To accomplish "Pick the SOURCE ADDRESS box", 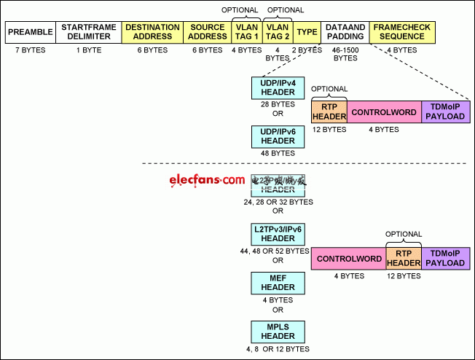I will [207, 32].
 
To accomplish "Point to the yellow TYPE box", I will [307, 32].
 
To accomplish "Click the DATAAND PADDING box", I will [345, 32].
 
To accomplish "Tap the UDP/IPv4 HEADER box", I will [278, 88].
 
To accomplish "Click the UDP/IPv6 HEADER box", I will [278, 136].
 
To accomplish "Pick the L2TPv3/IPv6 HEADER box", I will [278, 234].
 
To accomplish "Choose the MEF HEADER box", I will [278, 283].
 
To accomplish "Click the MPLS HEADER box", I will [278, 332].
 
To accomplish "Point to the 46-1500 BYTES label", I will [345, 54].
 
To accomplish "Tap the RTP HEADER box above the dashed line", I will [329, 112].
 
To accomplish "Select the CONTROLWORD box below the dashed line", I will [348, 259].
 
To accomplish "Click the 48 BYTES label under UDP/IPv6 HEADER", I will [278, 153].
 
